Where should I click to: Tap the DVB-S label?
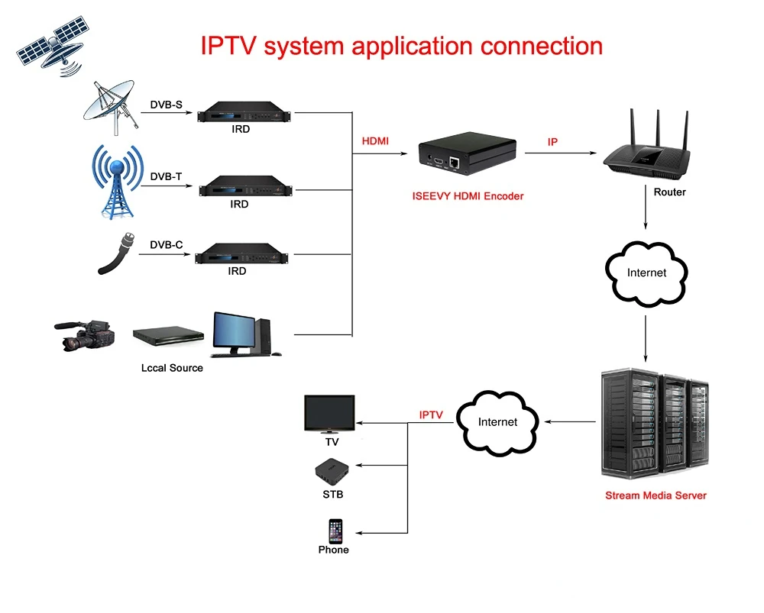coord(166,105)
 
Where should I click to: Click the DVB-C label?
coord(166,245)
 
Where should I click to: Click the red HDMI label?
coord(375,141)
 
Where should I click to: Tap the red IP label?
coord(552,143)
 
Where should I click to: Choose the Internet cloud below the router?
coord(646,273)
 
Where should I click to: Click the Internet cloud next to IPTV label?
coord(497,421)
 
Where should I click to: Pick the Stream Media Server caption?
coord(656,495)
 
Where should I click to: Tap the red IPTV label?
coord(431,415)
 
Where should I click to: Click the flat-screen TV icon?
coord(329,413)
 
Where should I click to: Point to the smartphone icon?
coord(335,531)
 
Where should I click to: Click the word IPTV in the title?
coord(230,46)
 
